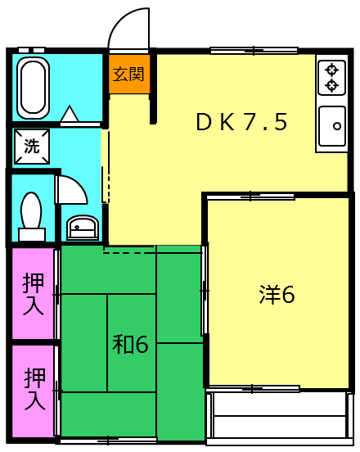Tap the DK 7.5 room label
241,123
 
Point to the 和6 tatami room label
130,345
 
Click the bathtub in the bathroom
34,87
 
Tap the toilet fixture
32,216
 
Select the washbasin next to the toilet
81,228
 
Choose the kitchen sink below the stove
332,126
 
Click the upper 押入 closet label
33,293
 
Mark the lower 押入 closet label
33,390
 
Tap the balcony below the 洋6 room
278,416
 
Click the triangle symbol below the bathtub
70,114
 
